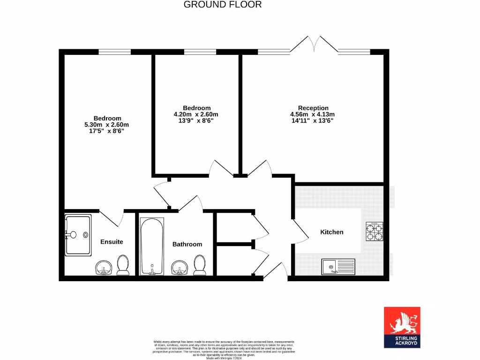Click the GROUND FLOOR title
pos(222,5)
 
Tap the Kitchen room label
pos(331,232)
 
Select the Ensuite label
pos(112,242)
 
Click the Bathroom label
pos(187,244)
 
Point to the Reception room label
pos(313,108)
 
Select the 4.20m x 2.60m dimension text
pos(196,114)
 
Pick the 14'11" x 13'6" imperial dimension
pos(313,120)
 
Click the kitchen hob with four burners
pos(374,231)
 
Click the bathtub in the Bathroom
pos(152,246)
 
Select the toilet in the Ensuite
pos(123,265)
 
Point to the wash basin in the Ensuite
pos(103,268)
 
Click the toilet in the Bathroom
pos(199,265)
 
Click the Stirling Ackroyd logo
pos(402,328)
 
